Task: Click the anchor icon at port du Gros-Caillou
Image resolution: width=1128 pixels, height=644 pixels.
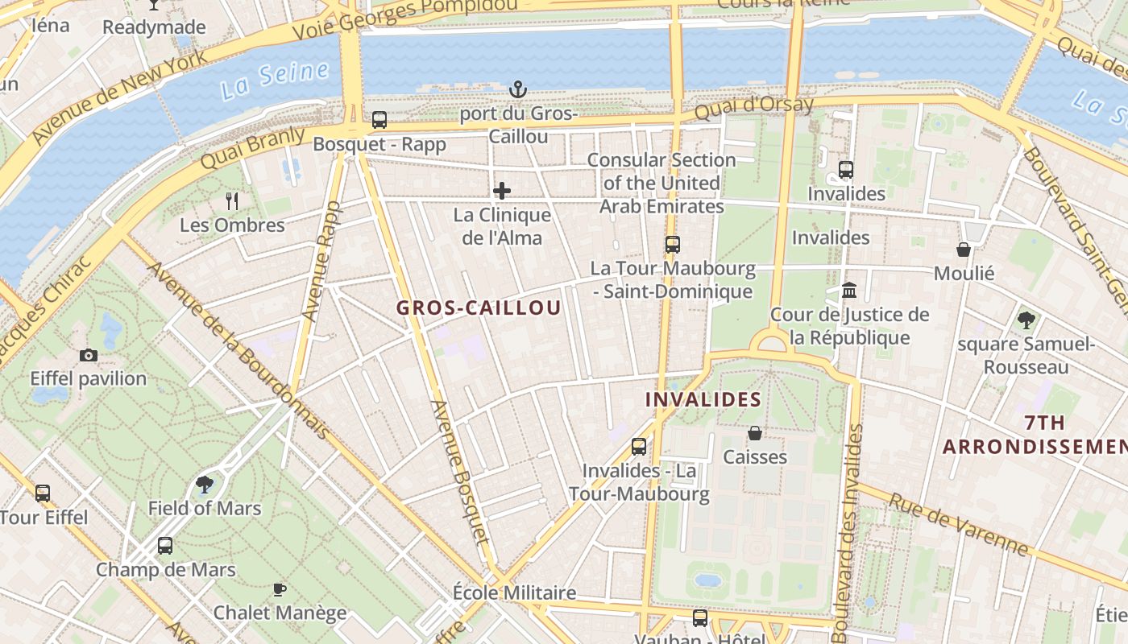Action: (x=519, y=89)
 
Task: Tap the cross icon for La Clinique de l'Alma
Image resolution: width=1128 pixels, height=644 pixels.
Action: (x=502, y=191)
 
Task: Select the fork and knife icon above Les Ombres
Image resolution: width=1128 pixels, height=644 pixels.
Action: (x=232, y=200)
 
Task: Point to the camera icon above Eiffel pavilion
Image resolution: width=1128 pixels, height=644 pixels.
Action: (x=89, y=355)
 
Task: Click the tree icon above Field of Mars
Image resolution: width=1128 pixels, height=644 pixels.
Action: (x=205, y=484)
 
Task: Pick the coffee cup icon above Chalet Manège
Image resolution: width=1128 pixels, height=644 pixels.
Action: (x=280, y=589)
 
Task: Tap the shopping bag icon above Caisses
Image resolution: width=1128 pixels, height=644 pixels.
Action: (x=755, y=433)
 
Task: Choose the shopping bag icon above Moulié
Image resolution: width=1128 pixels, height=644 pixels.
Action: (x=964, y=250)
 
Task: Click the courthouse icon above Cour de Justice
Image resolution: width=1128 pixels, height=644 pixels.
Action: (x=849, y=290)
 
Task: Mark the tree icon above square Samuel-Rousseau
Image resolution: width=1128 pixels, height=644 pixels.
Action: (x=1026, y=320)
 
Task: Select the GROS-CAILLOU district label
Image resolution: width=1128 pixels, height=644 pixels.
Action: (x=479, y=308)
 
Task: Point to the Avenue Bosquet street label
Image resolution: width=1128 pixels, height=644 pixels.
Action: (x=461, y=473)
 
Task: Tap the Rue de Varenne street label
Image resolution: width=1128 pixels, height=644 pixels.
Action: (x=959, y=524)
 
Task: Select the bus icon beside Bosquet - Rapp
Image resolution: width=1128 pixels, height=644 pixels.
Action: (x=379, y=120)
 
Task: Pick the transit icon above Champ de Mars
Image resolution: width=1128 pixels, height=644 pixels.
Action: (x=165, y=546)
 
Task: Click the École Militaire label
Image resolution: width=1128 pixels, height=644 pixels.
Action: (x=514, y=593)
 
